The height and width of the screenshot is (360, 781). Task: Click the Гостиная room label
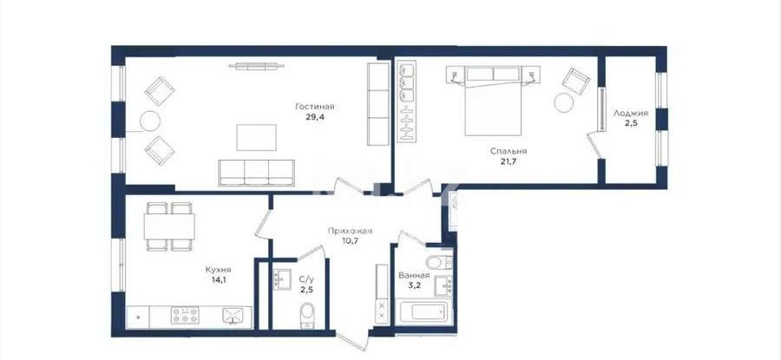314,107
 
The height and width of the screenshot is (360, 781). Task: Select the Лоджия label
630,113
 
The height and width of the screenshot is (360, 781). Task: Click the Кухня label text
195,269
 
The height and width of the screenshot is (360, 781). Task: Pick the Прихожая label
351,231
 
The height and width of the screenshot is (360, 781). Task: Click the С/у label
306,279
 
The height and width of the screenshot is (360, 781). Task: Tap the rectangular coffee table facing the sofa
257,136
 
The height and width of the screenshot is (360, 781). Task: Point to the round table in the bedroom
565,103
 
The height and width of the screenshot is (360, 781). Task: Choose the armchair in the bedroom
574,80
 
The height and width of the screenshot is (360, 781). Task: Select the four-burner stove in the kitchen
185,314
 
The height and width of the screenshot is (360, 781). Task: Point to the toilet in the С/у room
306,315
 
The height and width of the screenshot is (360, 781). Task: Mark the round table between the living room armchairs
150,120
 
